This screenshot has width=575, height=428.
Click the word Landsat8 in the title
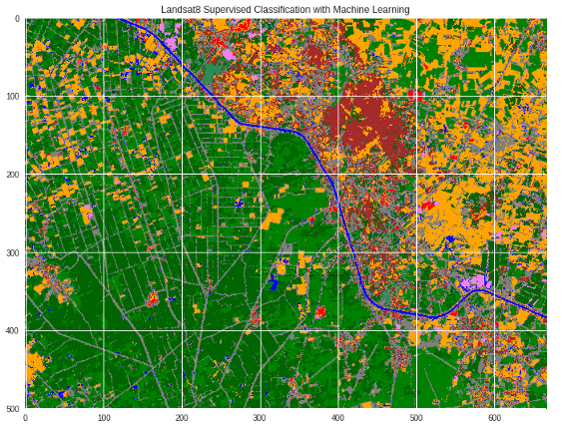183,9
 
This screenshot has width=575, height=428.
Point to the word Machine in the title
355,9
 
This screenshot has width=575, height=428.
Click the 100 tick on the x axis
103,418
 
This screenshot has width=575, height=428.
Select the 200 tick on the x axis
182,418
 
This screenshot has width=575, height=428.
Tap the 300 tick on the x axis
260,418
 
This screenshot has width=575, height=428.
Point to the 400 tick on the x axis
338,418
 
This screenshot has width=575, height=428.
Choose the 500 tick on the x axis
416,418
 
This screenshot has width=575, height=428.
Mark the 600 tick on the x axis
495,418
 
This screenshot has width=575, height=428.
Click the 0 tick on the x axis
25,418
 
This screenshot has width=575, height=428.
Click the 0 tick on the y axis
17,18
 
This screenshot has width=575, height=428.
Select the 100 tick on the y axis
12,97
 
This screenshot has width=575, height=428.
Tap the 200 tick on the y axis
12,175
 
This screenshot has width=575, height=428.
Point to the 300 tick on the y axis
12,252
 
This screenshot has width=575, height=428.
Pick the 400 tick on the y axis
12,331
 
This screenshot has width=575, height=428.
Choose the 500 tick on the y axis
12,409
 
